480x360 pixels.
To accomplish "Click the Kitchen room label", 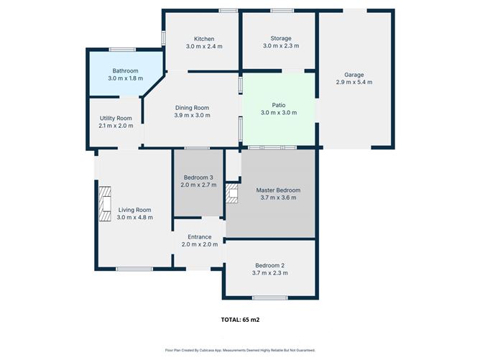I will [x=204, y=39].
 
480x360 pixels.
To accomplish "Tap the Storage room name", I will [x=281, y=38].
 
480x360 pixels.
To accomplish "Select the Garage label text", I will [x=354, y=75].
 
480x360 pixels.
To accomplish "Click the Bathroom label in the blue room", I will [x=125, y=71].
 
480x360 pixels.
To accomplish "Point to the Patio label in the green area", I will [x=278, y=105].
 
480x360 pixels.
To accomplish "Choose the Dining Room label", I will [x=192, y=108].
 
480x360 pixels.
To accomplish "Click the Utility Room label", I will [x=116, y=118].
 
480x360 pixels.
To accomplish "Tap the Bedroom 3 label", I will [x=198, y=177].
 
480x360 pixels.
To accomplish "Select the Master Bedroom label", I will [x=278, y=190].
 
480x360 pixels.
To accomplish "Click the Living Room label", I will [x=135, y=210].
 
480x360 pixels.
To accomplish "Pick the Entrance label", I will [x=199, y=237].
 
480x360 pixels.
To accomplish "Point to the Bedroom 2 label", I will [x=270, y=265].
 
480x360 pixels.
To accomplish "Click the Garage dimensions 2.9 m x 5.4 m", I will [x=354, y=83].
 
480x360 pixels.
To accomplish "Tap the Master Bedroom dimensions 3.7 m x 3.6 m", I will [x=278, y=198].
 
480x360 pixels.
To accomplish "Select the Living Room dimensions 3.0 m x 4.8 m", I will [x=135, y=218].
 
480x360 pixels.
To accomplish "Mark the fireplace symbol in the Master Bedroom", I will [x=231, y=193].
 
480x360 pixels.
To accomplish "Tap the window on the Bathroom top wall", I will [x=123, y=50].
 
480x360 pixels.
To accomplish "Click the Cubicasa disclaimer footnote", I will [x=240, y=350].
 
